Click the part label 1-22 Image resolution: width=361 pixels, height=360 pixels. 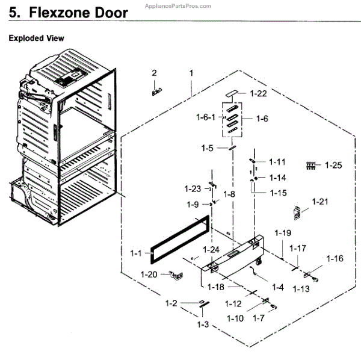click(x=258, y=93)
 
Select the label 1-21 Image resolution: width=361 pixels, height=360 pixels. click(x=321, y=201)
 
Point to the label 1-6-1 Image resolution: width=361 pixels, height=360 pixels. click(x=206, y=117)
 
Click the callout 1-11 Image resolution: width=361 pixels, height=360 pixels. click(x=277, y=161)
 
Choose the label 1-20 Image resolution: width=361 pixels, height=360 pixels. click(x=149, y=275)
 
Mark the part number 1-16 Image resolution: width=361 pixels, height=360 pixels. click(x=335, y=258)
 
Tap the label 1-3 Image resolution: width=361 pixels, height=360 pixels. click(x=203, y=324)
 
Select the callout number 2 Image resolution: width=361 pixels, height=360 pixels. click(x=154, y=73)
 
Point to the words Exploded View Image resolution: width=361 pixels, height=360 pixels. click(x=36, y=39)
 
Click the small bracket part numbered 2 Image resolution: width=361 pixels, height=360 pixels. click(x=157, y=91)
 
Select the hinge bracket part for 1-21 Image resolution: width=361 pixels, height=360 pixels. click(x=297, y=211)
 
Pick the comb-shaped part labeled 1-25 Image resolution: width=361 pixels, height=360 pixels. click(x=311, y=164)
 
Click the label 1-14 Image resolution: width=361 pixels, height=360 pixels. click(x=277, y=178)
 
